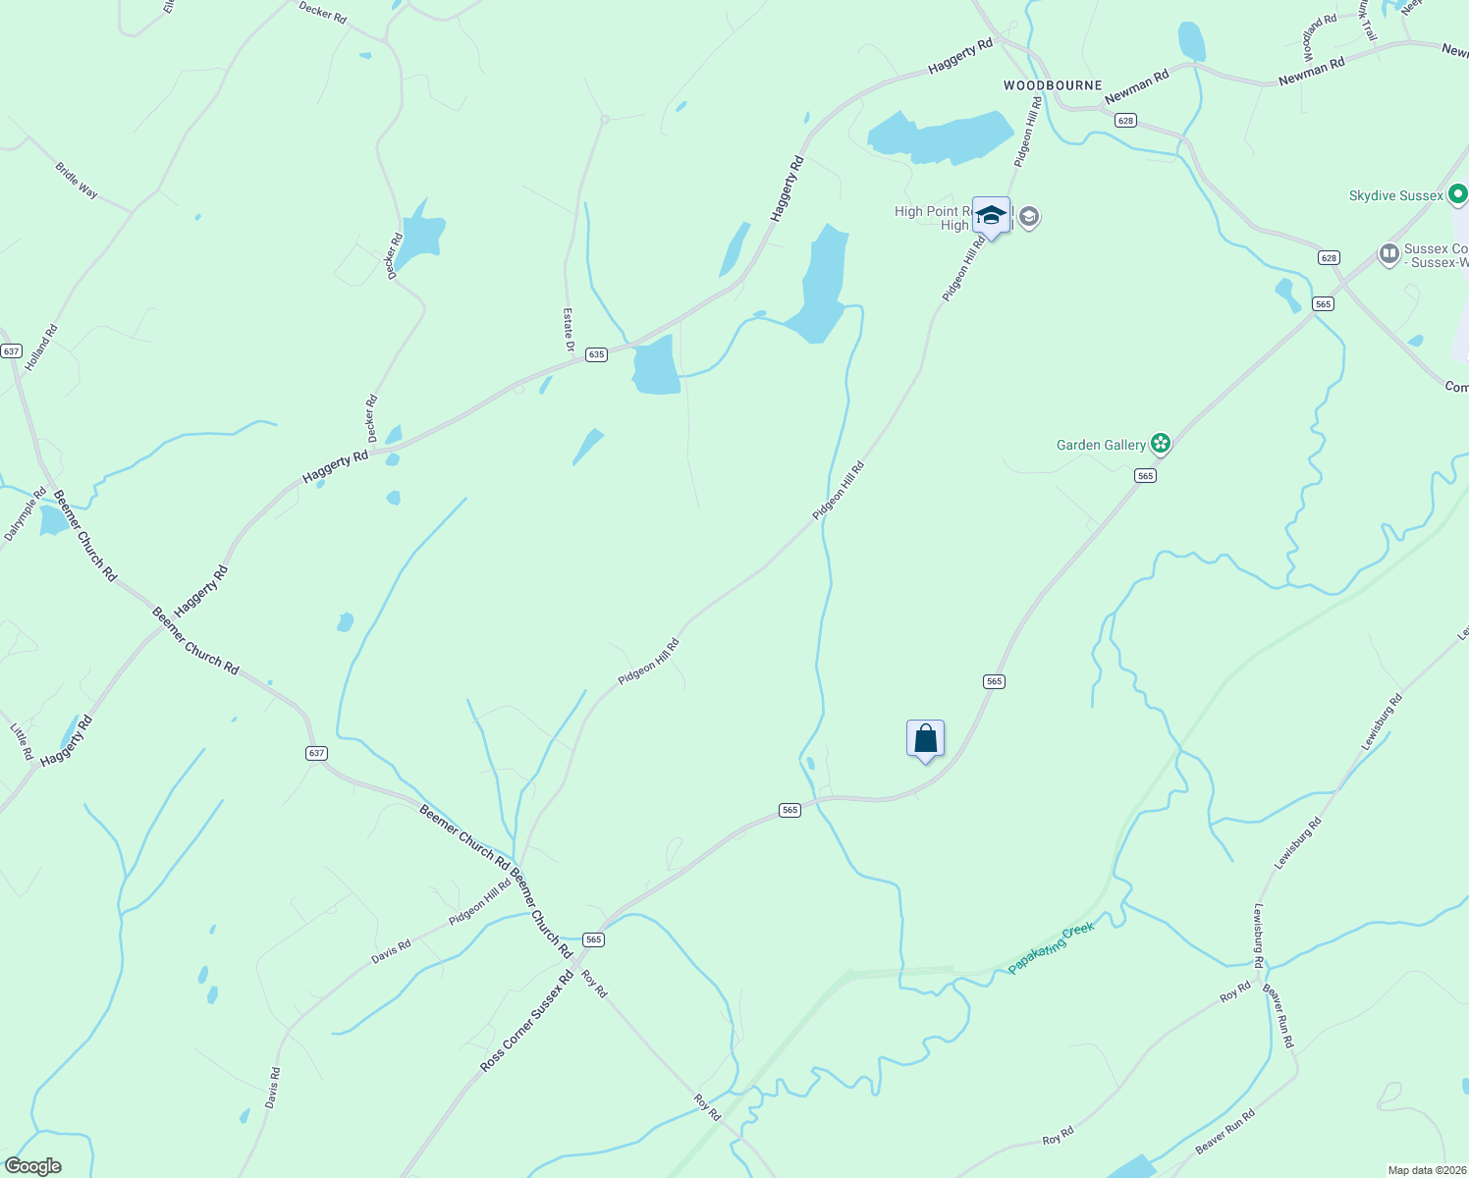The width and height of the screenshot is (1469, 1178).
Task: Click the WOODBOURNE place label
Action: click(1053, 85)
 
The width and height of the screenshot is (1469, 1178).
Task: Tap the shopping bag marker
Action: click(925, 738)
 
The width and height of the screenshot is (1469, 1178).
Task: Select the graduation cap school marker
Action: click(991, 215)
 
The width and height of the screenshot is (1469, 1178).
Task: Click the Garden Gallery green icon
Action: click(1161, 445)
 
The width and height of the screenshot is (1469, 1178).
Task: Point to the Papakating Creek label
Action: click(1051, 948)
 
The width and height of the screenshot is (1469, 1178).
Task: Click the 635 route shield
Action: click(596, 354)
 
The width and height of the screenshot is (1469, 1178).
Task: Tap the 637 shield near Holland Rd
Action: click(11, 350)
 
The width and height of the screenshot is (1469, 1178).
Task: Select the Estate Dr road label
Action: click(569, 330)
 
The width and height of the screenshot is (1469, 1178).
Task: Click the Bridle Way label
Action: click(77, 181)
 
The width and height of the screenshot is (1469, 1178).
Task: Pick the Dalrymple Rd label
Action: click(26, 514)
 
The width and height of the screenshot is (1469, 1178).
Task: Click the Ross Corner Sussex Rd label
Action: click(527, 1022)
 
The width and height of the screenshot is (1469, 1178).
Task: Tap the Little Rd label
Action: click(22, 742)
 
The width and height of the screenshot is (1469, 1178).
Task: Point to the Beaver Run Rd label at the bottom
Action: click(1225, 1132)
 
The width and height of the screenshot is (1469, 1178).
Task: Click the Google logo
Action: click(32, 1166)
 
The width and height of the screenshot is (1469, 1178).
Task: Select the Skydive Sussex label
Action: click(1395, 196)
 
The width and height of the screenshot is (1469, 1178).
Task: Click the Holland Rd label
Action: click(42, 348)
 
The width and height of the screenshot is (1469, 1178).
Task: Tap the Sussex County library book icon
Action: click(1388, 255)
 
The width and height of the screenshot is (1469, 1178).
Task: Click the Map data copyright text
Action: click(1427, 1170)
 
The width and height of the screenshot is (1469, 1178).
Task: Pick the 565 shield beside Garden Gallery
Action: click(1145, 475)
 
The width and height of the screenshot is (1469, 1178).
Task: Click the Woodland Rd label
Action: click(1320, 39)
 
